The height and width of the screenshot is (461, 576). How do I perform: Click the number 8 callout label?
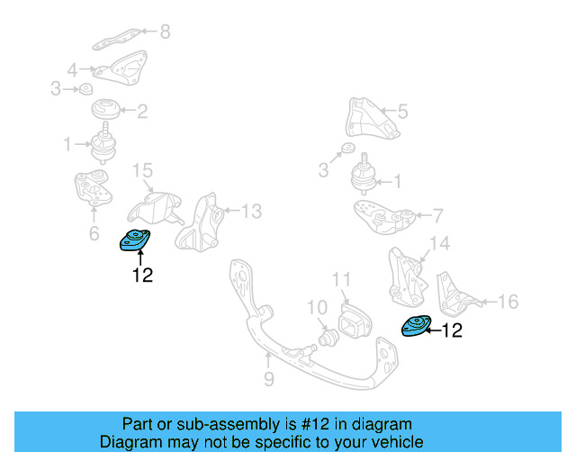click(164, 32)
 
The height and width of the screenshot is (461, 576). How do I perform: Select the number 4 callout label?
click(72, 68)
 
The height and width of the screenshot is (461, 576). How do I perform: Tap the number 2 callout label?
click(142, 112)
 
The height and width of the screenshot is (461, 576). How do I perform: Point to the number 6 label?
click(94, 234)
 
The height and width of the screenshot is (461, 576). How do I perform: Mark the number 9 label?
click(268, 379)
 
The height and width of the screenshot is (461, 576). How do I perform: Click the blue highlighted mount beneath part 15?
click(135, 241)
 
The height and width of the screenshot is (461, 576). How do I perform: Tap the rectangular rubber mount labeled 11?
click(351, 321)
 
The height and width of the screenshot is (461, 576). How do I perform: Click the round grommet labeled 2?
click(106, 113)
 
